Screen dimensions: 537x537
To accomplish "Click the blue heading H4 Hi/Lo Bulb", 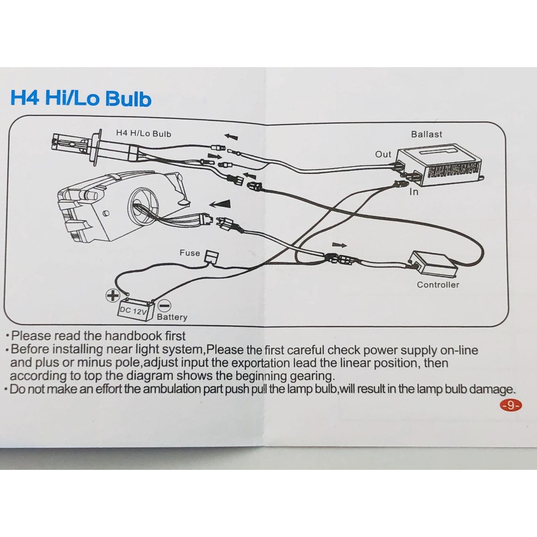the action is pos(81,98).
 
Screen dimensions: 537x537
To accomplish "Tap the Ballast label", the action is pos(426,134).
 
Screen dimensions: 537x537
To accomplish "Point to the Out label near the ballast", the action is pos(383,155).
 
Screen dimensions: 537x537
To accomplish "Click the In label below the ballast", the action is pos(414,192).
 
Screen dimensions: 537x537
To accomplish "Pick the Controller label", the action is pos(438,285).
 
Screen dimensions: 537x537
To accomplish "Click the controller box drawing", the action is pos(433,264).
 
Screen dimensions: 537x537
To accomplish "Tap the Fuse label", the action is pos(190,253).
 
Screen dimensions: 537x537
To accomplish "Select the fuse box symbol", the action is pos(212,256).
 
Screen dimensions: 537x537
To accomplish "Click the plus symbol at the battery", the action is pos(113,295).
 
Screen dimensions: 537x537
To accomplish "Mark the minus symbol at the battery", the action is pos(165,306).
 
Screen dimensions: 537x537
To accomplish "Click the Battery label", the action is pos(172,317).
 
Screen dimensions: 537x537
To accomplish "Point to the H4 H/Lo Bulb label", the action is pos(144,134).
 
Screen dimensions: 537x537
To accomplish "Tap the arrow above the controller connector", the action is pos(339,245).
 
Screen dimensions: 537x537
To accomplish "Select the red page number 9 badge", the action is pos(511,405).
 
